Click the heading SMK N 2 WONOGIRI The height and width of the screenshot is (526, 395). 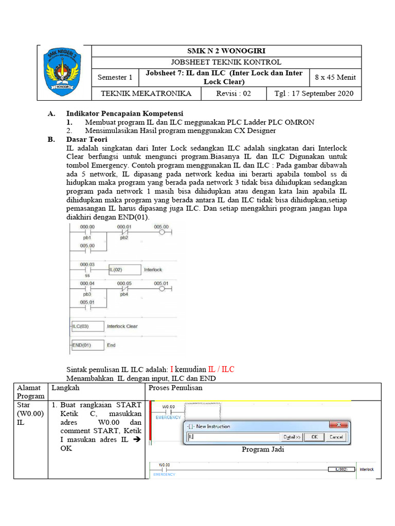(x=226, y=51)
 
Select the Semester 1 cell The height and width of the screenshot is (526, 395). (x=115, y=78)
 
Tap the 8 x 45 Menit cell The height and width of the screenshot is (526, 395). (x=335, y=78)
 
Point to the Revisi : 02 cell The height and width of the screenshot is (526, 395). (x=234, y=93)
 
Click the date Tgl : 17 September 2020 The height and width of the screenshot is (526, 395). (x=314, y=93)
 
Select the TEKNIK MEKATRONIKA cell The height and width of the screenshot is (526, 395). (x=146, y=93)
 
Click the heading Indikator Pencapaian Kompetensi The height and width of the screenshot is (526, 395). (x=125, y=113)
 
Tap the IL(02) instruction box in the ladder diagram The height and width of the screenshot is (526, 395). (x=124, y=269)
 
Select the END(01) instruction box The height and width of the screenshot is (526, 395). (x=87, y=345)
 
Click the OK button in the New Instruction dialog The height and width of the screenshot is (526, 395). (x=314, y=437)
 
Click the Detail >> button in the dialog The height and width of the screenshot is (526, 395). (x=291, y=437)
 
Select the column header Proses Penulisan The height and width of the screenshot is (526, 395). (x=175, y=388)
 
